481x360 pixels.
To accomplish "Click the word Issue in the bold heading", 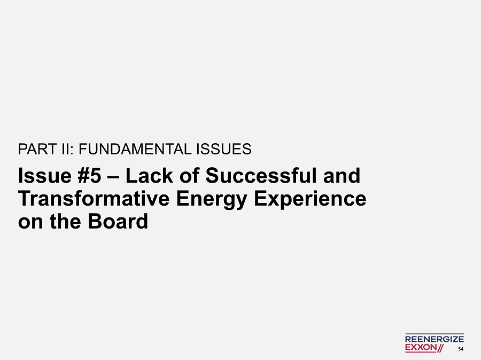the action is point(45,176).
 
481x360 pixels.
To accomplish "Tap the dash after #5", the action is point(113,177).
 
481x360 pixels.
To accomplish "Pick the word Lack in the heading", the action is point(149,176).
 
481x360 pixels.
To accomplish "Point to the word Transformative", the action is point(94,198).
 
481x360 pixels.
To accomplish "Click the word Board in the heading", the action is point(118,222).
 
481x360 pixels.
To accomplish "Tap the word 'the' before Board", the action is point(65,222).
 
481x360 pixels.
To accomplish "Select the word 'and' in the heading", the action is point(342,176).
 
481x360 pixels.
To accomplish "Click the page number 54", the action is point(461,349).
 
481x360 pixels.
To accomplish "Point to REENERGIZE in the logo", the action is point(435,339).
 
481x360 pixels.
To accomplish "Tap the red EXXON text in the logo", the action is point(421,347).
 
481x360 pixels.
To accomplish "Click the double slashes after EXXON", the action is point(440,348).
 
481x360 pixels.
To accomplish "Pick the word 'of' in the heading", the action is point(189,176).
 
